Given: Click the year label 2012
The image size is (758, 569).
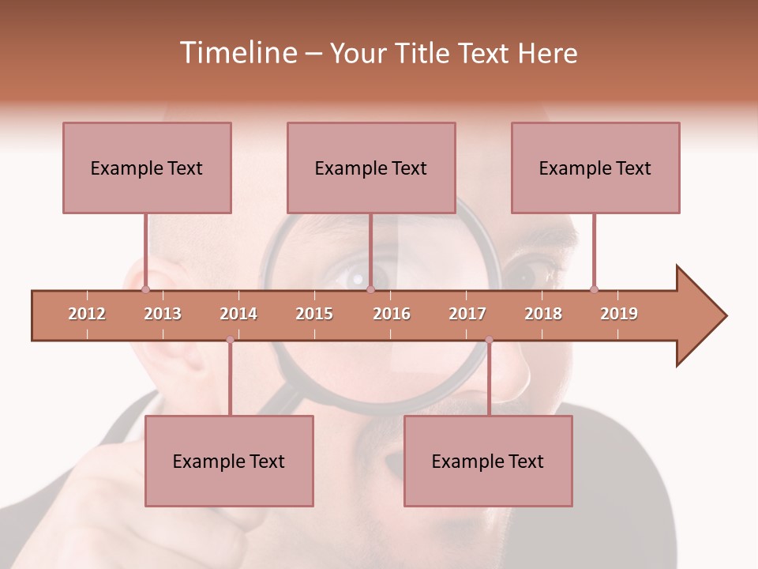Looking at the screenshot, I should coord(87,314).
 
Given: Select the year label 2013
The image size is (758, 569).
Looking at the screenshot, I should coord(163,314).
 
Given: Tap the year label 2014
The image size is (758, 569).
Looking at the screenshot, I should coord(238,314).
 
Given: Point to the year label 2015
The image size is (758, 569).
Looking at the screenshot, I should coord(314,314).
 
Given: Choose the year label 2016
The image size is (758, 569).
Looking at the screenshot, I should coord(392,314).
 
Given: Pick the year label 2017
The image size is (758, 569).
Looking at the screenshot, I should coord(467,314).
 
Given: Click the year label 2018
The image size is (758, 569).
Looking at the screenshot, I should coord(543,314).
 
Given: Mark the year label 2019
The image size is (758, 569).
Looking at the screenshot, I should coord(619,314).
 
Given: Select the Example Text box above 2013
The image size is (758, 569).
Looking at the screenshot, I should coord(147,168).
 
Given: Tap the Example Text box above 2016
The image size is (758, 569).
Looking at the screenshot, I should coord(371,168).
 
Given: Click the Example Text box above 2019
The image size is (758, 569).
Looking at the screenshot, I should coord(595,168).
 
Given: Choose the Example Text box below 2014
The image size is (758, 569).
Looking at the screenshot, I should coord(229,461).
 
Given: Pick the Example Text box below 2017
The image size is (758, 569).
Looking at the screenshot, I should coord(488,461).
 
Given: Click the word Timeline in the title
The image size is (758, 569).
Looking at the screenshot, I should coord(236,53).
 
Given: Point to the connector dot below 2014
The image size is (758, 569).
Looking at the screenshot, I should coord(230,340).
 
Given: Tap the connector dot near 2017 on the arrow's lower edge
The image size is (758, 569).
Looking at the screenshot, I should coord(489,340).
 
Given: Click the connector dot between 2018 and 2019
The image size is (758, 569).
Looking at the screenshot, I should coord(594,289).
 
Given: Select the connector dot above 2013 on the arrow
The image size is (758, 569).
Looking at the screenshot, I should coord(145,289).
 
